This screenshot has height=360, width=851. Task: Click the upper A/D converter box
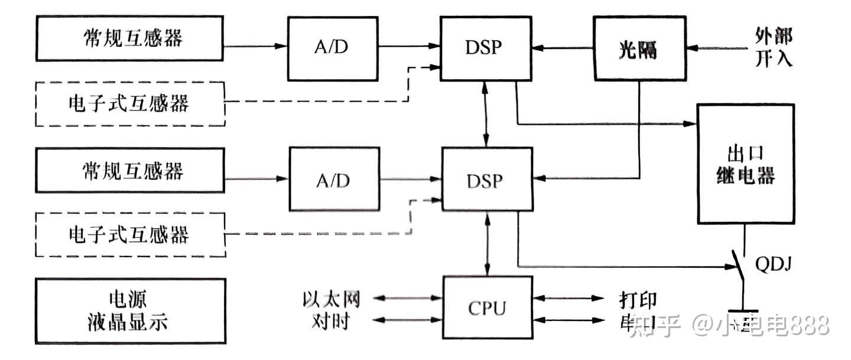pos(332,48)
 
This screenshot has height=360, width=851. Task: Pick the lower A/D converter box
pos(333,180)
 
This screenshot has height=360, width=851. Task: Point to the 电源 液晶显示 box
pos(131,311)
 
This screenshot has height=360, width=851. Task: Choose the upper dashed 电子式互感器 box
pos(130,104)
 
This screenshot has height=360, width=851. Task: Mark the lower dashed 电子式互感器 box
pos(130,235)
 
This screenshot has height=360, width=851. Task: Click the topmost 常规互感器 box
pos(130,38)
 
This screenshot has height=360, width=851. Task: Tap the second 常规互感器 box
pos(130,170)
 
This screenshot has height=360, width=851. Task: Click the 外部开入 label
pos(773,47)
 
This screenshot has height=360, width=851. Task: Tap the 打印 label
pos(638,299)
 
